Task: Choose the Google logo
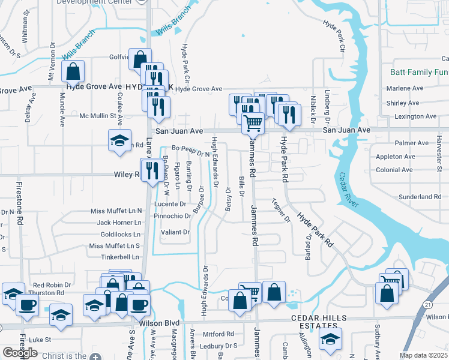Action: coord(19,352)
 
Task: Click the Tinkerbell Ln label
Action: coord(120,257)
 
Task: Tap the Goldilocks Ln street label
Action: coord(121,234)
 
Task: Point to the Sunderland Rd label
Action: coord(420,197)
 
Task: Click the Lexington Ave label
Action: coord(412,116)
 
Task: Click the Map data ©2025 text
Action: coord(423,355)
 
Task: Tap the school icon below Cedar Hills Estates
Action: coord(330,338)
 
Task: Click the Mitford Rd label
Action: coord(218,334)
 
